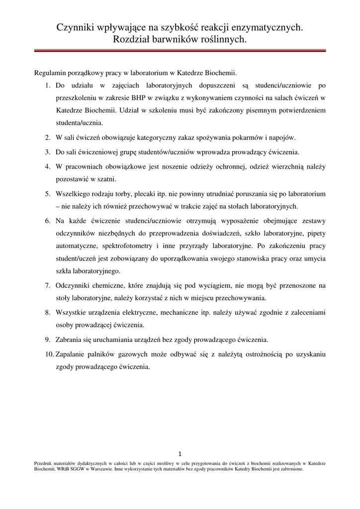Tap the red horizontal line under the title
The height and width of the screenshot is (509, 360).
pyautogui.click(x=180, y=50)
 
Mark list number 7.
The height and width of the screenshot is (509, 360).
pyautogui.click(x=47, y=285)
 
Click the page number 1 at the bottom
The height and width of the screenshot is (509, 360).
pyautogui.click(x=180, y=453)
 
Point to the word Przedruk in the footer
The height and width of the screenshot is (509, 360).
pyautogui.click(x=44, y=463)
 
